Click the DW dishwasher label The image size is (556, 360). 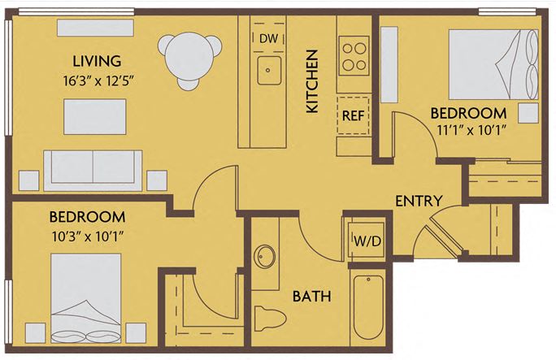[x=268, y=38]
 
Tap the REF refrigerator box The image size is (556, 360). [x=352, y=115]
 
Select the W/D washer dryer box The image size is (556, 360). [x=363, y=241]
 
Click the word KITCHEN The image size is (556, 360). [x=311, y=81]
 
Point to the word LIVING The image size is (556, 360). [x=97, y=61]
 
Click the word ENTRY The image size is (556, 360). [x=419, y=201]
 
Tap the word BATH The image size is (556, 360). [x=311, y=297]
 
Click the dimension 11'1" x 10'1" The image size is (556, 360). [x=468, y=130]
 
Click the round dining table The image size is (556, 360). [x=190, y=56]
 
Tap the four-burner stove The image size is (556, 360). [x=354, y=55]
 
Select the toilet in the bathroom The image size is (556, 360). [x=267, y=320]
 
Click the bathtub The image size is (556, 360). [x=367, y=309]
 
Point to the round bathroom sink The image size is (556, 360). [x=265, y=257]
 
